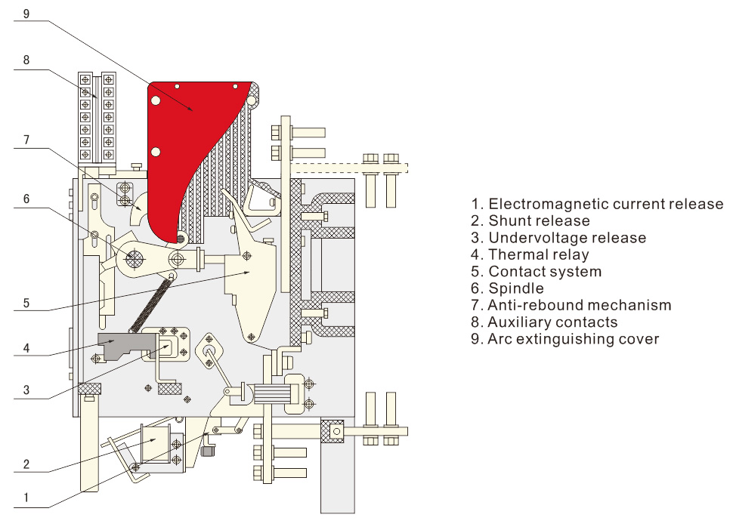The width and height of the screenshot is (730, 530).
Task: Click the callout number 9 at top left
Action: click(26, 14)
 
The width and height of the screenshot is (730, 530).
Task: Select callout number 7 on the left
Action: click(26, 140)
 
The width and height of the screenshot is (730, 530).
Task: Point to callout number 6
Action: click(26, 199)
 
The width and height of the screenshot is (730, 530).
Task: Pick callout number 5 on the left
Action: click(26, 304)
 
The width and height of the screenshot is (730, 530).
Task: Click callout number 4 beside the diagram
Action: click(26, 349)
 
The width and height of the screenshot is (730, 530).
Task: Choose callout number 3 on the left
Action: click(26, 390)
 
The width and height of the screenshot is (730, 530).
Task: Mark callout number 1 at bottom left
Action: click(26, 498)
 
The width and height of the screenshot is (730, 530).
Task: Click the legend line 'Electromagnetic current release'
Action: click(596, 204)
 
